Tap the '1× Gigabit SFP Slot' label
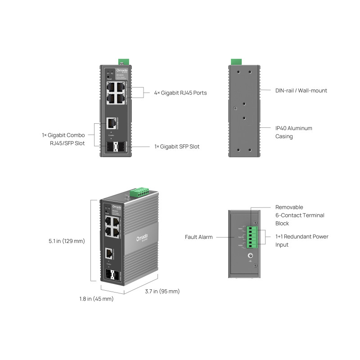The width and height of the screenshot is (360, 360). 177,147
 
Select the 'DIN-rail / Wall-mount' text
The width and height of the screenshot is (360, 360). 301,90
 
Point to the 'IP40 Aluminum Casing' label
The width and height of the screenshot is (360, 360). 293,132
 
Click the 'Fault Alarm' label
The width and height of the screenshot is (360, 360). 198,237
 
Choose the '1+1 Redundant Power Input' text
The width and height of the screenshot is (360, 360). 301,241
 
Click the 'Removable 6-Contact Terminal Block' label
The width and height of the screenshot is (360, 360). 300,215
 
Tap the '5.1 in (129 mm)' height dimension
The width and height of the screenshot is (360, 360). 67,241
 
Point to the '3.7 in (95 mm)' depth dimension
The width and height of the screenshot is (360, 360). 162,291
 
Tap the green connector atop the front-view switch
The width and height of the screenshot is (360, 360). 123,62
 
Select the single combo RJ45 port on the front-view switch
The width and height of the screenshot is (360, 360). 111,122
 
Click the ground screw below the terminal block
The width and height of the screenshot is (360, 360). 250,256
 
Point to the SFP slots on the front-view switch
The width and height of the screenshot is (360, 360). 116,147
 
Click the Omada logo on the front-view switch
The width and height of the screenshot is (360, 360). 122,71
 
